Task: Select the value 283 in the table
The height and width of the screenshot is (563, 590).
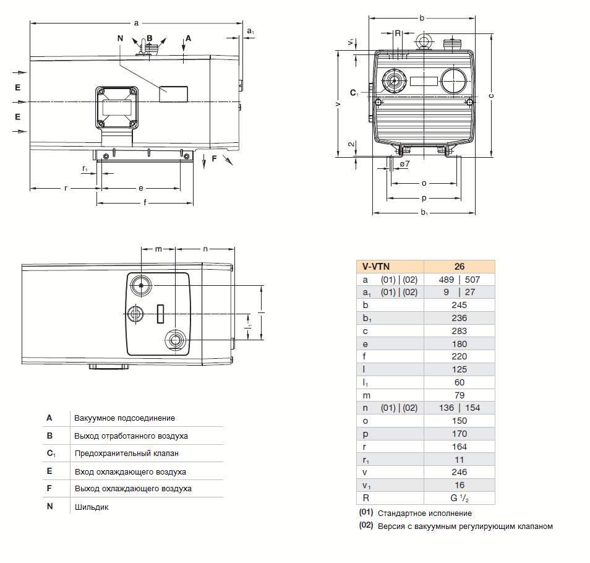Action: [459, 331]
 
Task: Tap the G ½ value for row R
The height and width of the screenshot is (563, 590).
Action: [459, 498]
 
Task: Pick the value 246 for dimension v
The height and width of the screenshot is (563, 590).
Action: [459, 472]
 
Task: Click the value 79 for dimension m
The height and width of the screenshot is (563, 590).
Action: [459, 395]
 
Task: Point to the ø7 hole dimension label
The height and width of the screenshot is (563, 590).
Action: [404, 165]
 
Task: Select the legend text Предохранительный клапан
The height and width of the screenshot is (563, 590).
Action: [126, 453]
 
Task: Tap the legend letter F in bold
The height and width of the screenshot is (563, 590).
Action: [49, 488]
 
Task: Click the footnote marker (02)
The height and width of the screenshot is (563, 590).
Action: [366, 526]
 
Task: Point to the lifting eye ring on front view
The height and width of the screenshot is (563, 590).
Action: [424, 41]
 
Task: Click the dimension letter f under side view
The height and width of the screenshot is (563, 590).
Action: [145, 202]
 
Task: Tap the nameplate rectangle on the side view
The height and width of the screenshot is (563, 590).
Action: [173, 94]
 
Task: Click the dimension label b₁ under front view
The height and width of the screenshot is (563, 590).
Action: [424, 213]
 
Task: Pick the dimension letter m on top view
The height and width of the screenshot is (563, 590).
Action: [158, 249]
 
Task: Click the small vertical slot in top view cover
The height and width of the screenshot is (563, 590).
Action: [160, 314]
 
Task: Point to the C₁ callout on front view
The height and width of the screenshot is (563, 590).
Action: [354, 93]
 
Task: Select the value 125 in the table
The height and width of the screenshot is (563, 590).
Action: [459, 369]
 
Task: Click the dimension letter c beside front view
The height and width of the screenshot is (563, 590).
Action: [490, 96]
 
